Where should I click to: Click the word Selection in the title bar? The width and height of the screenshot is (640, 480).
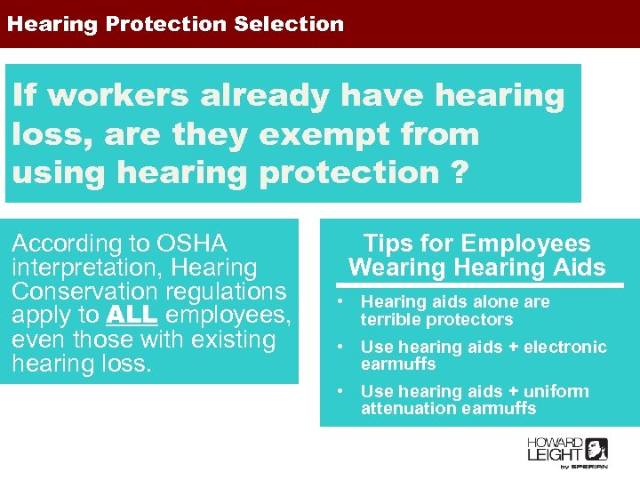tap(289, 24)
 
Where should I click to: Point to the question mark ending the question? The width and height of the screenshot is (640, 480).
tap(457, 172)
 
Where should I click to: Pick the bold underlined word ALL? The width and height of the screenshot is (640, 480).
tap(132, 316)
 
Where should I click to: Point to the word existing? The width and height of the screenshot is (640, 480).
tap(233, 340)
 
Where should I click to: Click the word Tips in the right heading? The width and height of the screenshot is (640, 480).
tap(385, 244)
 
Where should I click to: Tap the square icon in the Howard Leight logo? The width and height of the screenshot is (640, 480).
tap(596, 449)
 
